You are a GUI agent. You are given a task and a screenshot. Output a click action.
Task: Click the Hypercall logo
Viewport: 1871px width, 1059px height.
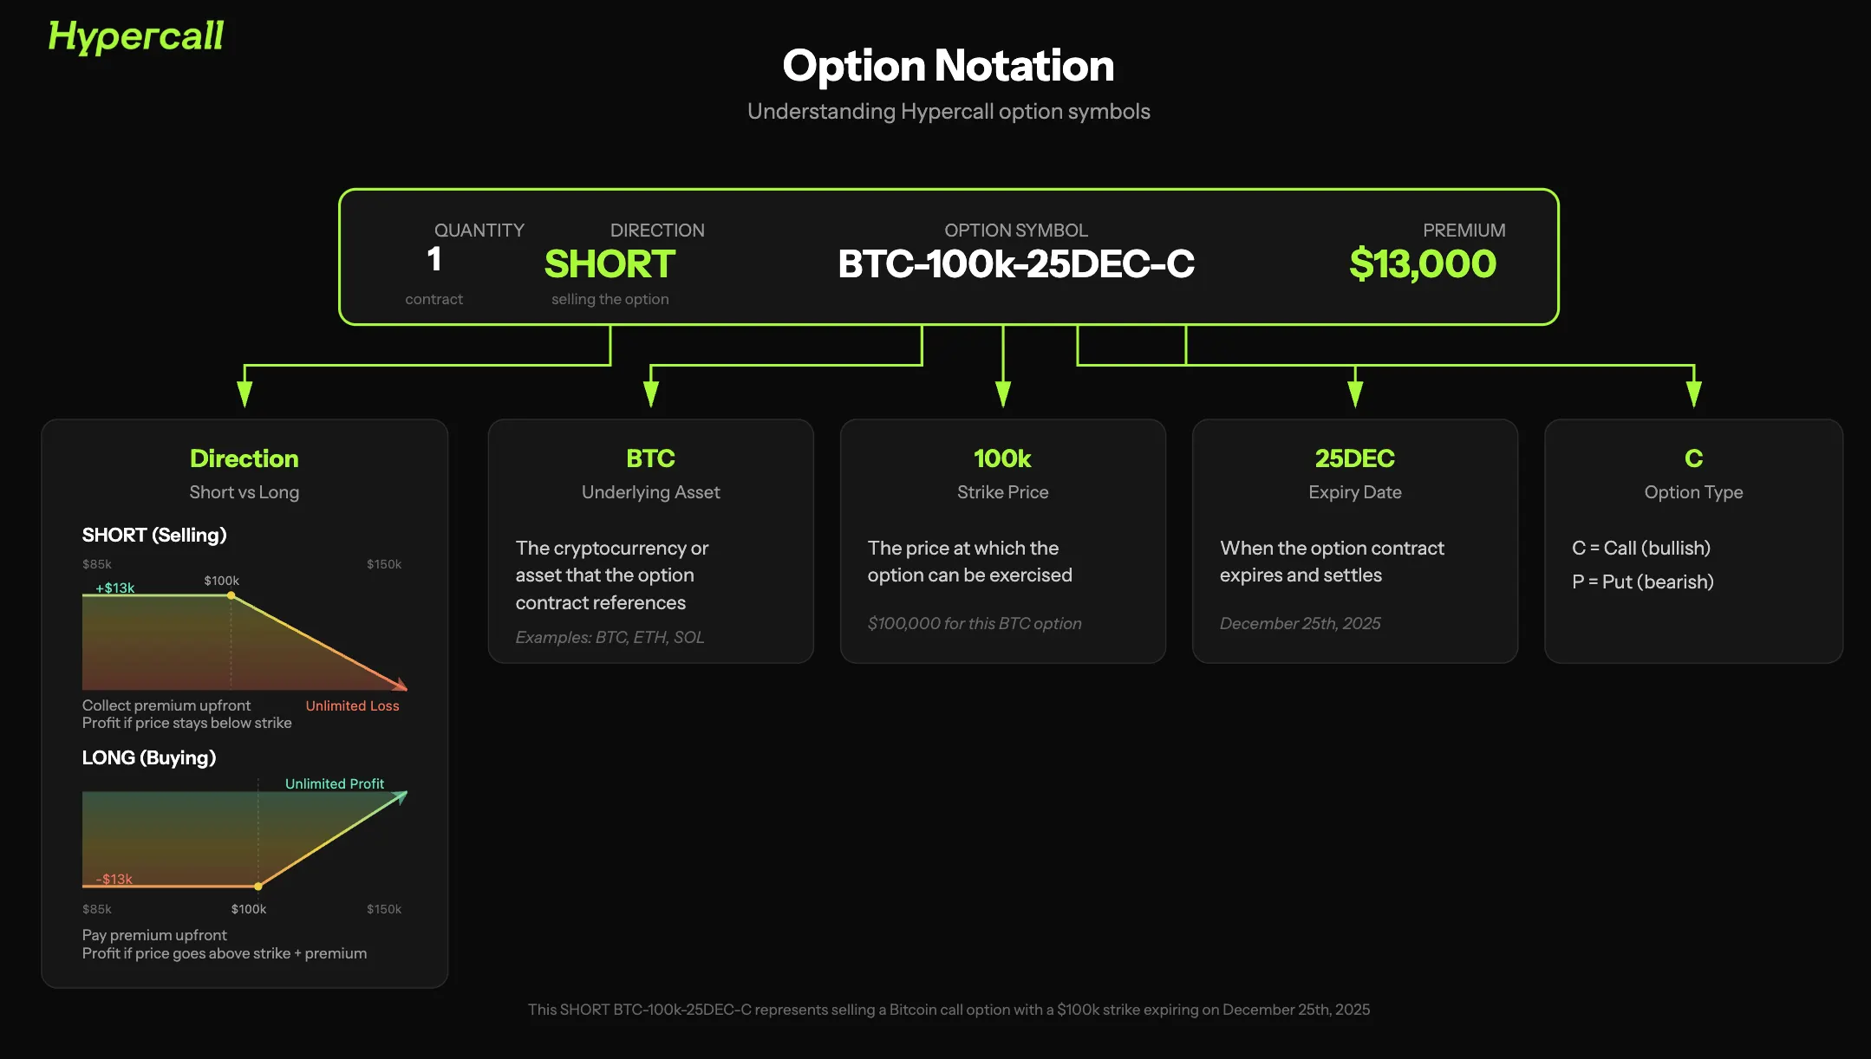(x=136, y=36)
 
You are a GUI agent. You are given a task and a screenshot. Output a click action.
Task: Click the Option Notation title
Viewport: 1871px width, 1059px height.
(x=949, y=66)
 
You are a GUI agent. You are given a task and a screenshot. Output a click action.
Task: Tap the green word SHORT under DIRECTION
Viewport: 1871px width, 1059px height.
(x=610, y=263)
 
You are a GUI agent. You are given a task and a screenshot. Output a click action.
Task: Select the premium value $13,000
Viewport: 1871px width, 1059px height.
(x=1423, y=263)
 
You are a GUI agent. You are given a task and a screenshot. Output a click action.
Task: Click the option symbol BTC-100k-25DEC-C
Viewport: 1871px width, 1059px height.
(x=1016, y=263)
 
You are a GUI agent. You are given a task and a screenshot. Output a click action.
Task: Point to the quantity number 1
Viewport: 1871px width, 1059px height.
(x=434, y=259)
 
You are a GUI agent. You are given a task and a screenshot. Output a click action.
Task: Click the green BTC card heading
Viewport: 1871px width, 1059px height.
(x=650, y=458)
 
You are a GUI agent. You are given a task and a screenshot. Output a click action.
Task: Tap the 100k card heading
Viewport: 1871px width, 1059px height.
(x=1002, y=458)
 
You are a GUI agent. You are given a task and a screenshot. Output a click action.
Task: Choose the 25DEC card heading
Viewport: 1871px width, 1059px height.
(x=1354, y=458)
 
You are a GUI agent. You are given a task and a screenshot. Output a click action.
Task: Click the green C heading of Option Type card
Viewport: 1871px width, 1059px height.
(x=1693, y=458)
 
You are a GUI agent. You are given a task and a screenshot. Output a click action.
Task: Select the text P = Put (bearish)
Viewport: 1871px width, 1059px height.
(x=1643, y=581)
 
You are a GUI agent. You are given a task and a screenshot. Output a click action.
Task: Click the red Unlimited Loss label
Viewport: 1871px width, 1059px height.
(x=352, y=705)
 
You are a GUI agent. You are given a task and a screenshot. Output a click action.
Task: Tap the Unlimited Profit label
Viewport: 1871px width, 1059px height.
(x=335, y=783)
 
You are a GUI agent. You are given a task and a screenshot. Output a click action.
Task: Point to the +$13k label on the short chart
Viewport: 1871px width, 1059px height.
(x=115, y=588)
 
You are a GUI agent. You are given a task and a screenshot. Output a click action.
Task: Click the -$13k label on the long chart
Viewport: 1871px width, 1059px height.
(x=114, y=879)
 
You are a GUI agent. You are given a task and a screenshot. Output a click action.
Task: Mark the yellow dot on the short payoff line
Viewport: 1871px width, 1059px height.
(x=231, y=595)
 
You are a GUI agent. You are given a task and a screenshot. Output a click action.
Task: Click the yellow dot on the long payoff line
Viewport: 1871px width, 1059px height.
(x=258, y=887)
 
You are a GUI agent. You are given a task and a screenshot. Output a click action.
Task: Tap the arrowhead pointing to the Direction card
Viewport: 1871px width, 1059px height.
(x=244, y=394)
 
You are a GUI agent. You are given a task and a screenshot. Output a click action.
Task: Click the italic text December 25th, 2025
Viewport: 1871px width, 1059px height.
(x=1300, y=623)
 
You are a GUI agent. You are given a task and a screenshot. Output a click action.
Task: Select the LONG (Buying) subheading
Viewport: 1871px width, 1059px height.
(x=149, y=757)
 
